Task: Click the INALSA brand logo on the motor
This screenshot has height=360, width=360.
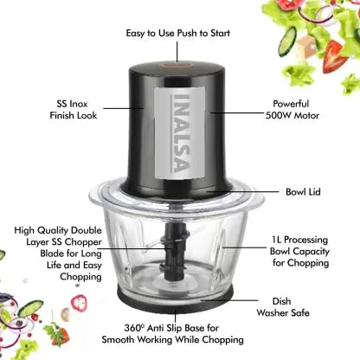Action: click(182, 133)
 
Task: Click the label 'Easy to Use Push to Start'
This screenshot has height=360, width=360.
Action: click(178, 34)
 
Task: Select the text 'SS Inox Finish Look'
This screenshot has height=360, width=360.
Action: click(74, 110)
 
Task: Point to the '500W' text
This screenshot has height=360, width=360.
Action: click(278, 116)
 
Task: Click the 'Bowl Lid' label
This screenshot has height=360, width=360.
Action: click(303, 192)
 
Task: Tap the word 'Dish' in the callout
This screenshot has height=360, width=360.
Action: click(281, 301)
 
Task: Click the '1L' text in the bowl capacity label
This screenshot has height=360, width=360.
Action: click(276, 240)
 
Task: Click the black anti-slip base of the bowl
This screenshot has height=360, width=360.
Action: click(175, 298)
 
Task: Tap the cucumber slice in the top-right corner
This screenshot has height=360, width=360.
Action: click(287, 42)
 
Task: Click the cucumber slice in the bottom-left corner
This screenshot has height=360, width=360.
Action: click(30, 309)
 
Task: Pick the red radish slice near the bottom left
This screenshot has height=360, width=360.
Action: click(79, 302)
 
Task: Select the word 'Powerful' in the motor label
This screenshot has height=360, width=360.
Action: click(291, 104)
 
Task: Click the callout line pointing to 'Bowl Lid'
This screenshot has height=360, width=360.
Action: click(243, 191)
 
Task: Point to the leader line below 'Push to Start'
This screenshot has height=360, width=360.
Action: click(177, 52)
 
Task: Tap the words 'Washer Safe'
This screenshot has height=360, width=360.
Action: click(283, 313)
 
